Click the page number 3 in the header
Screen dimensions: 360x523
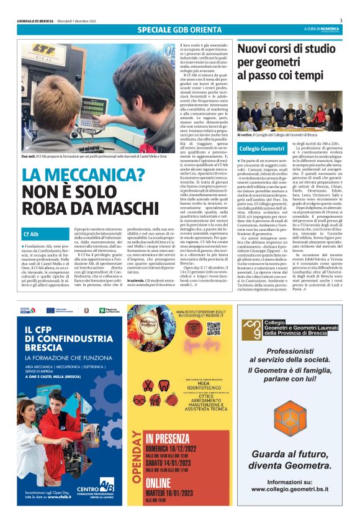350,20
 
